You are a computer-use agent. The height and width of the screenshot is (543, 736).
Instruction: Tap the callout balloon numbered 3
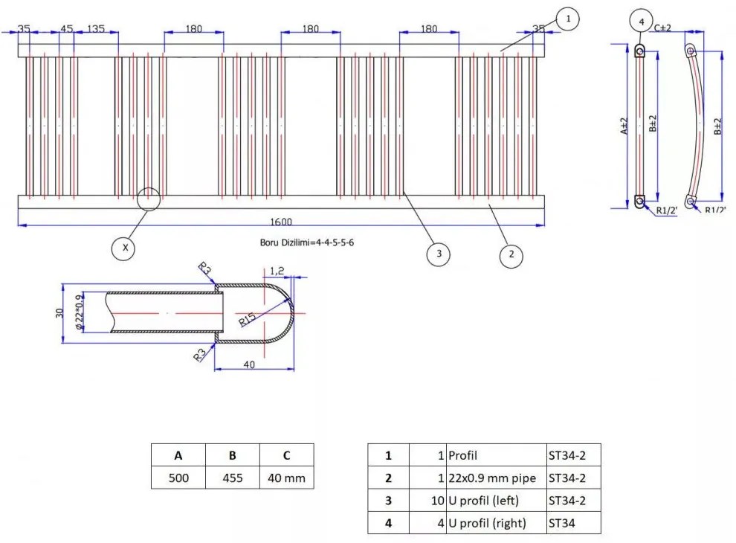pos(439,254)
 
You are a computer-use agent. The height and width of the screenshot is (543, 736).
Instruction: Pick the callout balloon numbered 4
pos(641,22)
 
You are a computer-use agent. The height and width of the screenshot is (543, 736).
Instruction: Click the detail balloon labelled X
pos(125,248)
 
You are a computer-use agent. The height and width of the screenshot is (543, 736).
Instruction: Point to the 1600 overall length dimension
pos(282,221)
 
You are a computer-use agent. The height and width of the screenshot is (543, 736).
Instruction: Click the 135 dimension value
pos(96,29)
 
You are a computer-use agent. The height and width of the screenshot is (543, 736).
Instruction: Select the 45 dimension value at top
pos(66,29)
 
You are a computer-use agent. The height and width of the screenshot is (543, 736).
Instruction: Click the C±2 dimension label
pos(663,28)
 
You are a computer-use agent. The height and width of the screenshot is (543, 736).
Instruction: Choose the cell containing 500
pos(178,478)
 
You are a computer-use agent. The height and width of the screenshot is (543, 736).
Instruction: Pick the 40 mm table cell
pos(286,478)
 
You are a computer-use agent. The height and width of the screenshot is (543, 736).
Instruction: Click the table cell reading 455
pos(233,478)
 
